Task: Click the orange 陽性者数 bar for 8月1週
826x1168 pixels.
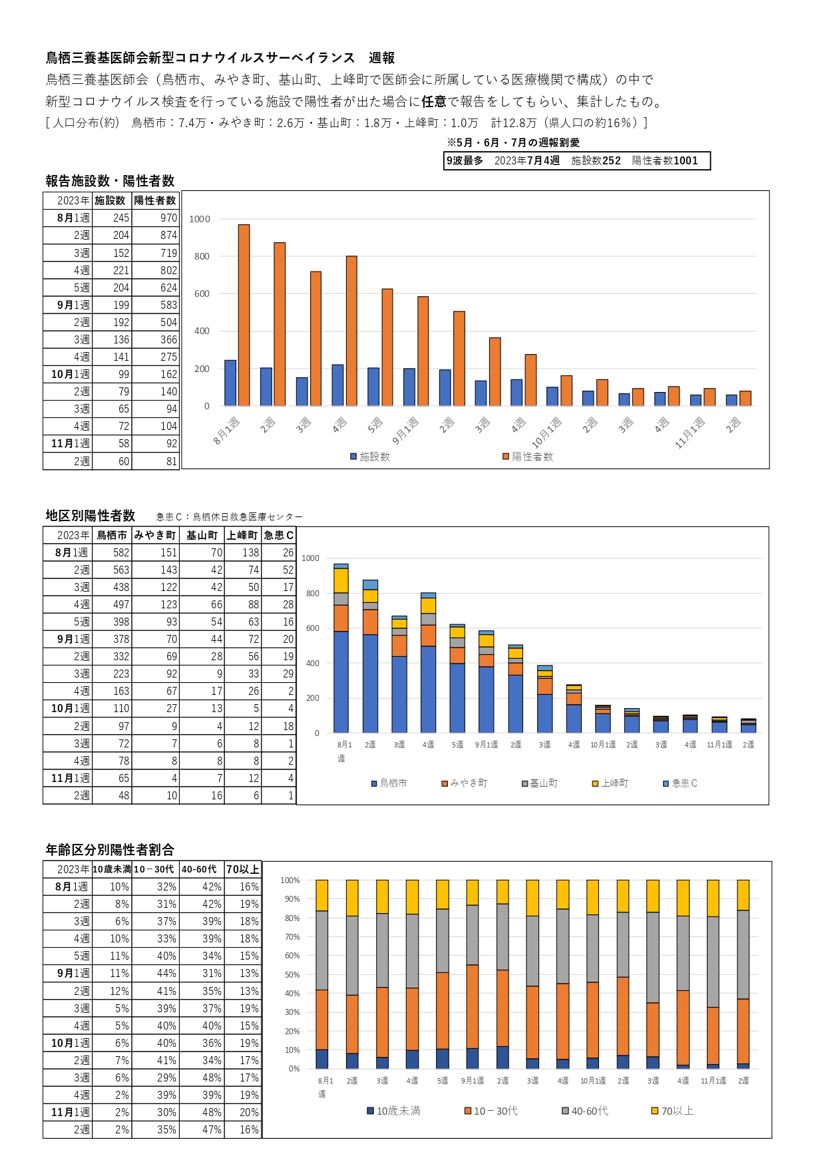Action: point(244,315)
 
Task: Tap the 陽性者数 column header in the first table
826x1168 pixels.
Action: point(155,200)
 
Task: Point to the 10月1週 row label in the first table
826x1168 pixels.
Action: point(71,374)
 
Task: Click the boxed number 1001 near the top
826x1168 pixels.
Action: point(686,160)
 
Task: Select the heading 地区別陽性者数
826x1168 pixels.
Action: point(91,515)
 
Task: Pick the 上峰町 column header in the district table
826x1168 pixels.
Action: point(242,535)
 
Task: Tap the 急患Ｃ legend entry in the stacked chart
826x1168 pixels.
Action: point(680,783)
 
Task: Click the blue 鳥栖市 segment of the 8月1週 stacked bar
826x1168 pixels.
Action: point(341,681)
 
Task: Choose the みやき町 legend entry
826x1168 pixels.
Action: point(465,783)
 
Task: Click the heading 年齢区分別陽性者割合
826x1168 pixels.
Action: point(110,849)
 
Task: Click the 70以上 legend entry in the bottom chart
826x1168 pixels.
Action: point(672,1111)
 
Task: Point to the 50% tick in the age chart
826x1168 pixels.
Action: point(292,974)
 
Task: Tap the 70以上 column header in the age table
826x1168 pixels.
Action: point(242,869)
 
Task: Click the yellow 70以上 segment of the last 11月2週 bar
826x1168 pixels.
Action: point(743,895)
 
